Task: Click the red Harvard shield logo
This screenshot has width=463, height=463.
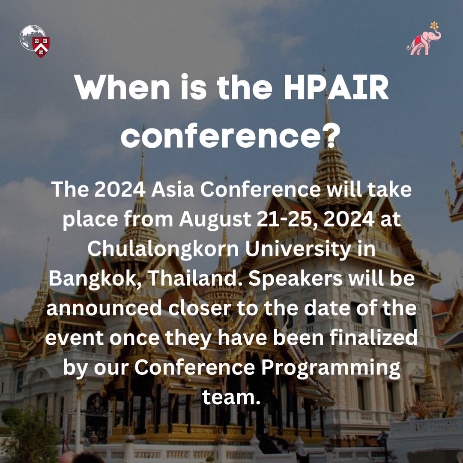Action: tap(41, 47)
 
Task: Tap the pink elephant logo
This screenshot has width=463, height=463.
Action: tap(424, 42)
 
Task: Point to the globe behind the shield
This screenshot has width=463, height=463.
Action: tap(32, 37)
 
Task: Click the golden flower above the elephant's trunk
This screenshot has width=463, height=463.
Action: tap(434, 25)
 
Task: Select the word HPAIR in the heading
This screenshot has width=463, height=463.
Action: tap(336, 87)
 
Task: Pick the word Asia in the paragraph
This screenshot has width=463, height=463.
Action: tap(173, 189)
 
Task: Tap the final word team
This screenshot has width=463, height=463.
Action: tap(231, 397)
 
